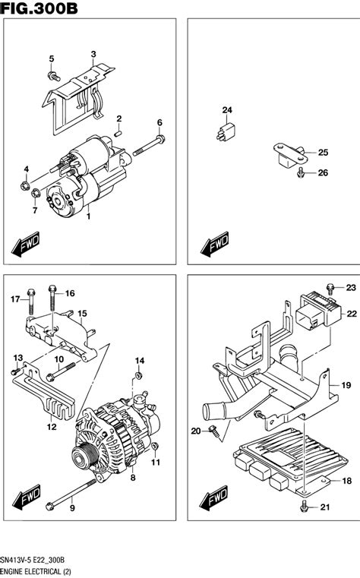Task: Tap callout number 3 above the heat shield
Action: (93, 54)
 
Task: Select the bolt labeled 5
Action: (55, 76)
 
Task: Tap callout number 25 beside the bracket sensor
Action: (323, 153)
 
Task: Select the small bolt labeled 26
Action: (302, 175)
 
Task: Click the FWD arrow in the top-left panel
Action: (24, 245)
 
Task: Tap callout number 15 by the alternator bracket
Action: (82, 312)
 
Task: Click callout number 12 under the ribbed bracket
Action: (52, 427)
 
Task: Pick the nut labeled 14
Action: (138, 376)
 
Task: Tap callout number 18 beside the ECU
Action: (346, 481)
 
